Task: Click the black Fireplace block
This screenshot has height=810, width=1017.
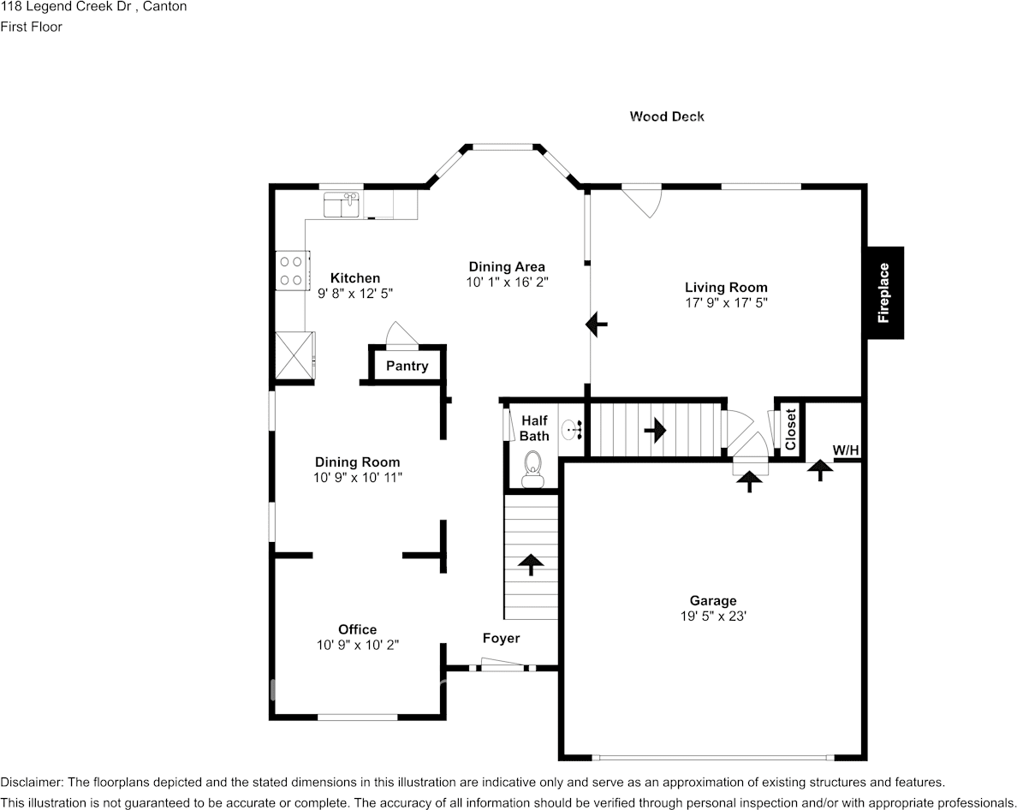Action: (883, 293)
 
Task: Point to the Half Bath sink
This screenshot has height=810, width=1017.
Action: (571, 429)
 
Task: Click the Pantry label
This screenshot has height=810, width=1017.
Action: (407, 366)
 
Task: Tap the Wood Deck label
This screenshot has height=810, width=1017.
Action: (667, 116)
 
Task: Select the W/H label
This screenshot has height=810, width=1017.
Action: (845, 450)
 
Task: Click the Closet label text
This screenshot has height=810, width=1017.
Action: (790, 429)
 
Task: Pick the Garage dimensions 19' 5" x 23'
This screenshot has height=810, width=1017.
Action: (713, 616)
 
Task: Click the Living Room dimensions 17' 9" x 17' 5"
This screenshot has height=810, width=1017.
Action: (726, 302)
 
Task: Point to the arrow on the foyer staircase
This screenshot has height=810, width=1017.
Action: (532, 563)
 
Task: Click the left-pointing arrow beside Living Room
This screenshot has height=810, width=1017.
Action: (597, 325)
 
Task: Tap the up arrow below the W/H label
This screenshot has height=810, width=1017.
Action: (820, 468)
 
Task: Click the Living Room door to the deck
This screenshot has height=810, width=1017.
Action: (642, 201)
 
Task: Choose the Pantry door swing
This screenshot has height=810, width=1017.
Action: (400, 335)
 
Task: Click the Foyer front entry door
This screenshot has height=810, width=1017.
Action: (503, 664)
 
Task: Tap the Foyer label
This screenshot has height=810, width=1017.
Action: (501, 639)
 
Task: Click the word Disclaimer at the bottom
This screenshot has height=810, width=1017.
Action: (31, 782)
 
